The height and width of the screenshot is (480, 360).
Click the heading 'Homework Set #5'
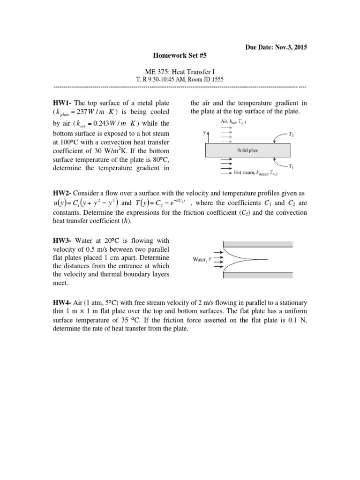click(x=180, y=55)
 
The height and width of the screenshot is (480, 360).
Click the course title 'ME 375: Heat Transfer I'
click(x=180, y=71)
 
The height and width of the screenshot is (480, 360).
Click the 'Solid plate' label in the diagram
click(x=247, y=150)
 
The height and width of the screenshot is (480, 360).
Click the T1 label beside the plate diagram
click(x=292, y=167)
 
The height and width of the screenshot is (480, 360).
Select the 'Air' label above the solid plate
click(x=237, y=121)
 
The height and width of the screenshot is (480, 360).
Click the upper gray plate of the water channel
click(x=258, y=244)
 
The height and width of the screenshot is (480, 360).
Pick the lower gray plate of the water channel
click(x=258, y=275)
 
